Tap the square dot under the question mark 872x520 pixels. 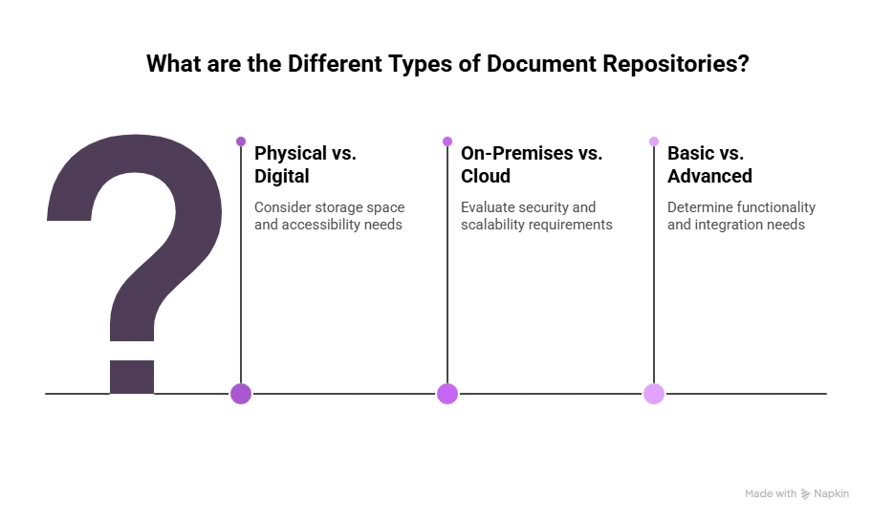pos(132,376)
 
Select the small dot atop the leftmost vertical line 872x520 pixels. pos(241,141)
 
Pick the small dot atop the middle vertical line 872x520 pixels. pos(447,141)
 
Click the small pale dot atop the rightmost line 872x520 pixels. pos(654,141)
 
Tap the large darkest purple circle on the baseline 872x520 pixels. pos(241,394)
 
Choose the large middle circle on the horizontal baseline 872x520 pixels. pos(447,394)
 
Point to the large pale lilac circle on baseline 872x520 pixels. pos(654,394)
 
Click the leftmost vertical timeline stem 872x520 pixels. pos(241,287)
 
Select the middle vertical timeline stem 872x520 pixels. pos(447,287)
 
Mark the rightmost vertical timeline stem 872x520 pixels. pos(654,287)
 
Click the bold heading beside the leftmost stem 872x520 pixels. pos(328,206)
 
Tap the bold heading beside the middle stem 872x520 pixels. pos(527,206)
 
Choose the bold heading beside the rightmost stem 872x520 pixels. pos(741,206)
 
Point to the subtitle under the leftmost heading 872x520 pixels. pos(328,226)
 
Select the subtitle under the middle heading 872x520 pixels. pos(538,226)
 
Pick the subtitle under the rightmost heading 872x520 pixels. pos(737,226)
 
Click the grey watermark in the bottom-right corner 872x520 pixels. pos(795,493)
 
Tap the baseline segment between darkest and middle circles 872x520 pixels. pos(344,394)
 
